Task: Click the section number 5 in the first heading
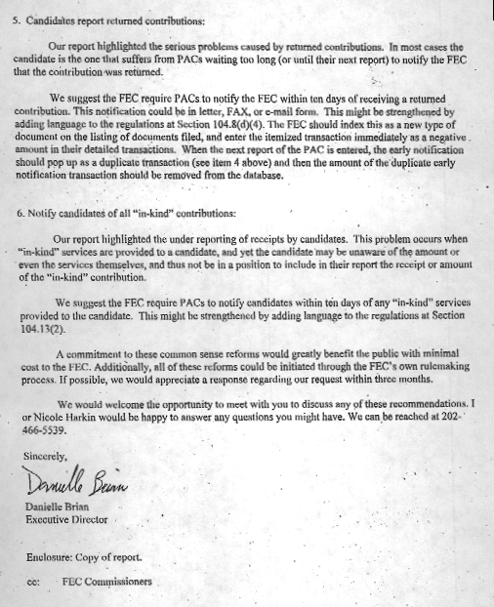coord(19,19)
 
